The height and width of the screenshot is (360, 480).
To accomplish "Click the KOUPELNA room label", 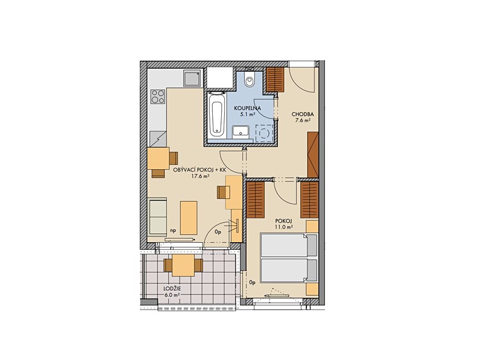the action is pyautogui.click(x=247, y=108).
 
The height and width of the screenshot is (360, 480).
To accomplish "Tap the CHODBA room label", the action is pyautogui.click(x=302, y=115).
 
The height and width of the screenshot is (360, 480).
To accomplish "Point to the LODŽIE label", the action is pyautogui.click(x=172, y=288).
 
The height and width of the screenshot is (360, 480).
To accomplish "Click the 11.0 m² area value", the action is pyautogui.click(x=284, y=227).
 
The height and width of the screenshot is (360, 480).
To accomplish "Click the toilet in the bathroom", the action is pyautogui.click(x=250, y=80).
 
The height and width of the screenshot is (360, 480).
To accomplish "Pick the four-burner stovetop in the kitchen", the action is pyautogui.click(x=158, y=96).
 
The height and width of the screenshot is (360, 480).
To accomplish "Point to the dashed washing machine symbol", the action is pyautogui.click(x=264, y=133).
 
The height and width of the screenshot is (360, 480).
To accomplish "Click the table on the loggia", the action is pyautogui.click(x=183, y=265).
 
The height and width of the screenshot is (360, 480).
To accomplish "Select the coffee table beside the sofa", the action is pyautogui.click(x=188, y=218).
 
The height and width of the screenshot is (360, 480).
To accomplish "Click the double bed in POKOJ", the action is pyautogui.click(x=288, y=258).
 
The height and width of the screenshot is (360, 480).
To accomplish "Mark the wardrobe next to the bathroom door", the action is pyautogui.click(x=274, y=79).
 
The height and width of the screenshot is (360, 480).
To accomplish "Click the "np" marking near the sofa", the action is pyautogui.click(x=173, y=231).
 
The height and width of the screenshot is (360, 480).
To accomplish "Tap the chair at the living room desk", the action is pyautogui.click(x=223, y=192).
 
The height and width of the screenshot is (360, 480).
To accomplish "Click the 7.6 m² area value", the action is pyautogui.click(x=302, y=120).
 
